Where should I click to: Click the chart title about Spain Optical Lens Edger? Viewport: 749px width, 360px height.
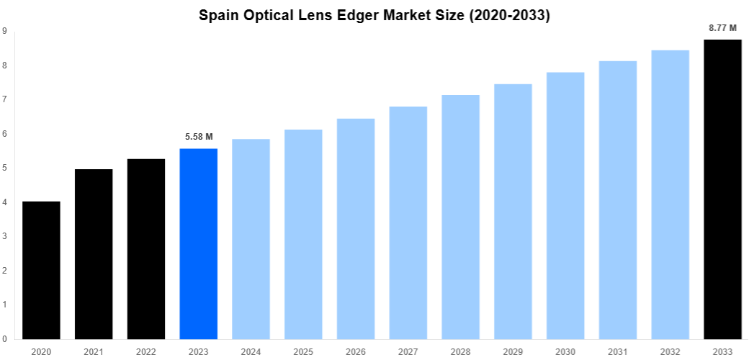coord(374,15)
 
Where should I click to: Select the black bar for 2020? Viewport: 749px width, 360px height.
coord(41,270)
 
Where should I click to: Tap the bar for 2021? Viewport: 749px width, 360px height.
coord(94,254)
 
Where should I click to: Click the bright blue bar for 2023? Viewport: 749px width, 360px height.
coord(199,243)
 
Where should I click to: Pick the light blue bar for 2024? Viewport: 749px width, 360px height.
coord(251,239)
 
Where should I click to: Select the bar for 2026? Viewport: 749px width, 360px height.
coord(356,229)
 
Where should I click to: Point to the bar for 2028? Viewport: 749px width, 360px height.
coord(460,217)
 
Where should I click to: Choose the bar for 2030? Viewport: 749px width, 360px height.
coord(565,205)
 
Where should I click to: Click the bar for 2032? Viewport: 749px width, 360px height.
coord(670,194)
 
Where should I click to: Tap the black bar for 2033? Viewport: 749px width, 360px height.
coord(722,189)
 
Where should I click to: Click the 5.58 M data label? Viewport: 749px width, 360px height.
coord(199,136)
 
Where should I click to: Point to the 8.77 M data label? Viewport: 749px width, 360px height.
coord(722,28)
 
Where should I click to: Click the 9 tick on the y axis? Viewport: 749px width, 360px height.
coord(4,31)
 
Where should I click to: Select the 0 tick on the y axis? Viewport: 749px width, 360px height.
coord(4,338)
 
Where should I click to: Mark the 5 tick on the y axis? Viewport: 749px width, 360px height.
coord(4,168)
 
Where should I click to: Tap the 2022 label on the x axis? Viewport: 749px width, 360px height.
coord(146,351)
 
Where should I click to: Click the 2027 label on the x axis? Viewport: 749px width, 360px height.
coord(408,351)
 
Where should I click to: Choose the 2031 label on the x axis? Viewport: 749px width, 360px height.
coord(618,351)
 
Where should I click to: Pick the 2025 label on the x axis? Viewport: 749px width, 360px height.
coord(303,351)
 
